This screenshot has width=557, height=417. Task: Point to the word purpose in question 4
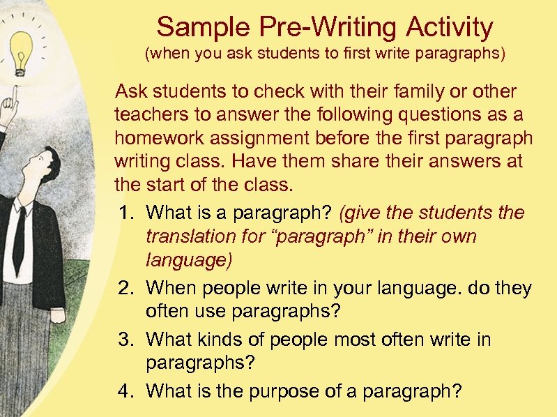[268, 391]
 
